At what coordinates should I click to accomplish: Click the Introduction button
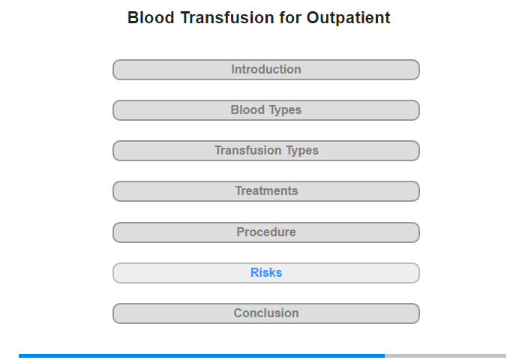point(265,70)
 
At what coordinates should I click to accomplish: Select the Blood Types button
point(265,110)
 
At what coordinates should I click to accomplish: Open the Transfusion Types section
point(265,151)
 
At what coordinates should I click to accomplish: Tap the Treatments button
point(265,191)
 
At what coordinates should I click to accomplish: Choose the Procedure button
point(265,232)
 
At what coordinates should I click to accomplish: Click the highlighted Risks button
point(265,273)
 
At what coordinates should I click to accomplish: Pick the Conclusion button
point(265,313)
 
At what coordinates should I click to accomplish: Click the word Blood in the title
point(151,18)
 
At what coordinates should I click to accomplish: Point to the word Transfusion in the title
point(227,18)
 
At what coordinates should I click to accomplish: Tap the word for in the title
point(290,18)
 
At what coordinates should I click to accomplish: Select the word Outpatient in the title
point(349,19)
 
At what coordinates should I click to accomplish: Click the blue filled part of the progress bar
point(202,355)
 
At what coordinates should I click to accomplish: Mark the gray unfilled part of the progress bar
point(445,355)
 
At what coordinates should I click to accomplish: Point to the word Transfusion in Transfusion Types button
point(248,150)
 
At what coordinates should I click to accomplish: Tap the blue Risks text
point(266,272)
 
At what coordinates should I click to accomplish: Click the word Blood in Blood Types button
point(247,109)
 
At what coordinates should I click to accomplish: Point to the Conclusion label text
point(266,313)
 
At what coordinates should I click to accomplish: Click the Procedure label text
point(266,232)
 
